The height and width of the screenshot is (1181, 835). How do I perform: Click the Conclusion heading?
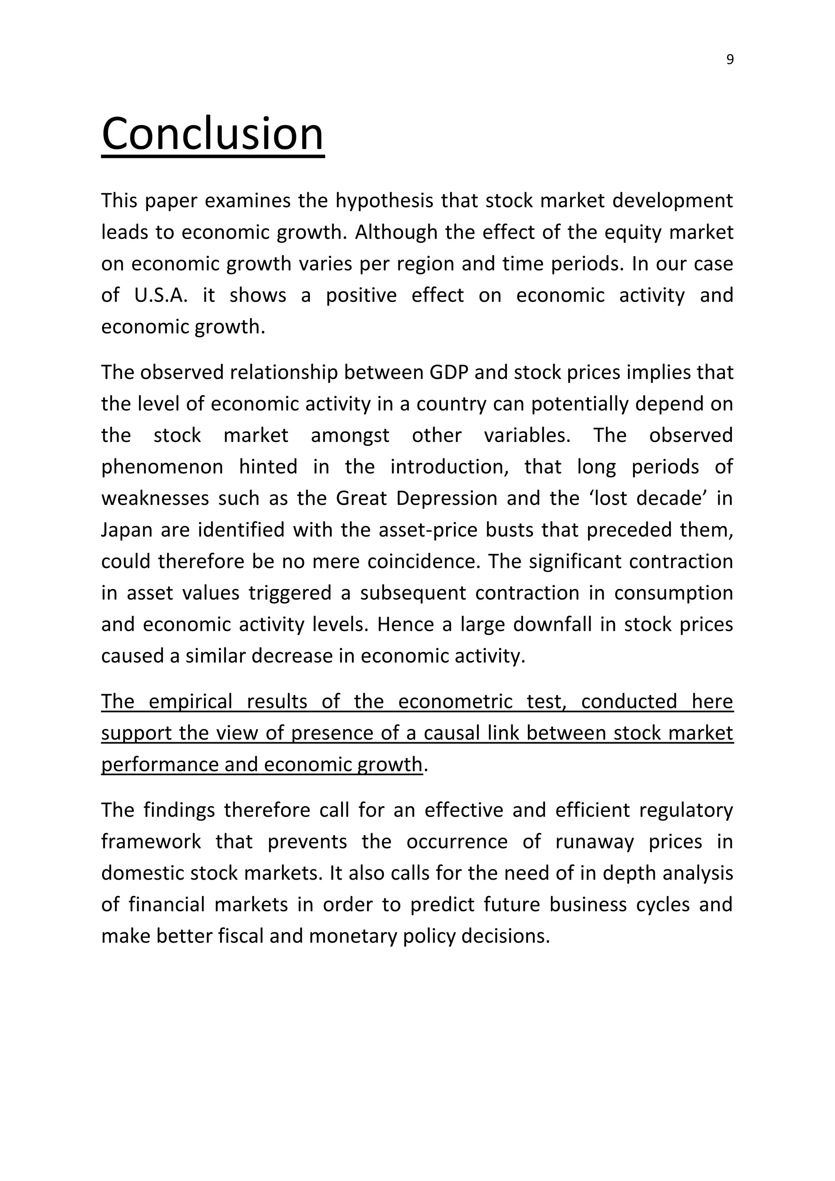213,133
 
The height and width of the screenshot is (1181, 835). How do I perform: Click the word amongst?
350,435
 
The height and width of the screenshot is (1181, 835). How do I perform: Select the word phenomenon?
162,467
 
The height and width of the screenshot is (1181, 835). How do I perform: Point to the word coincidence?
424,561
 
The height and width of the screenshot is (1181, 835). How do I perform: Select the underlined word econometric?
455,701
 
